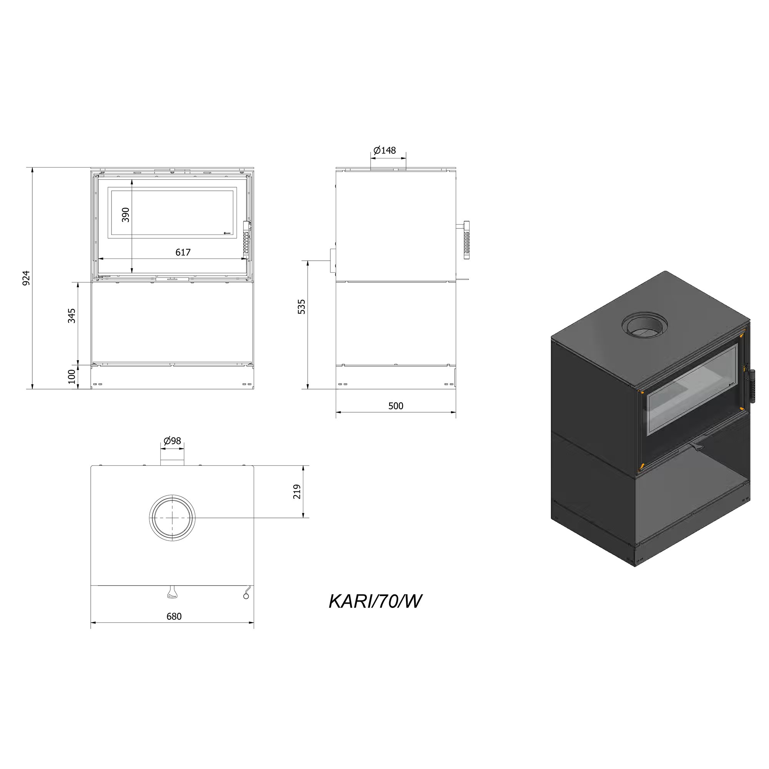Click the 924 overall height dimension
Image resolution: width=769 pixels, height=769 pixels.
(26, 278)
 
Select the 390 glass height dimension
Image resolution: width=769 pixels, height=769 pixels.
(126, 215)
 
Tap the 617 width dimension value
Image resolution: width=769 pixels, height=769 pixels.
(183, 252)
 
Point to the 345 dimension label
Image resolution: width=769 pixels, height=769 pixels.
(72, 316)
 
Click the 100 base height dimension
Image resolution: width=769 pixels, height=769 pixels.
(72, 376)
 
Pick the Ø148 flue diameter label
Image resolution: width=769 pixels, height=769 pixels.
(384, 150)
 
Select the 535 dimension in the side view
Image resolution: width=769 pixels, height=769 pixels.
(302, 307)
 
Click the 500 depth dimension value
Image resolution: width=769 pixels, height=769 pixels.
(396, 406)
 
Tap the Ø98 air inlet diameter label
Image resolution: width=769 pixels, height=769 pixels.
(172, 441)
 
